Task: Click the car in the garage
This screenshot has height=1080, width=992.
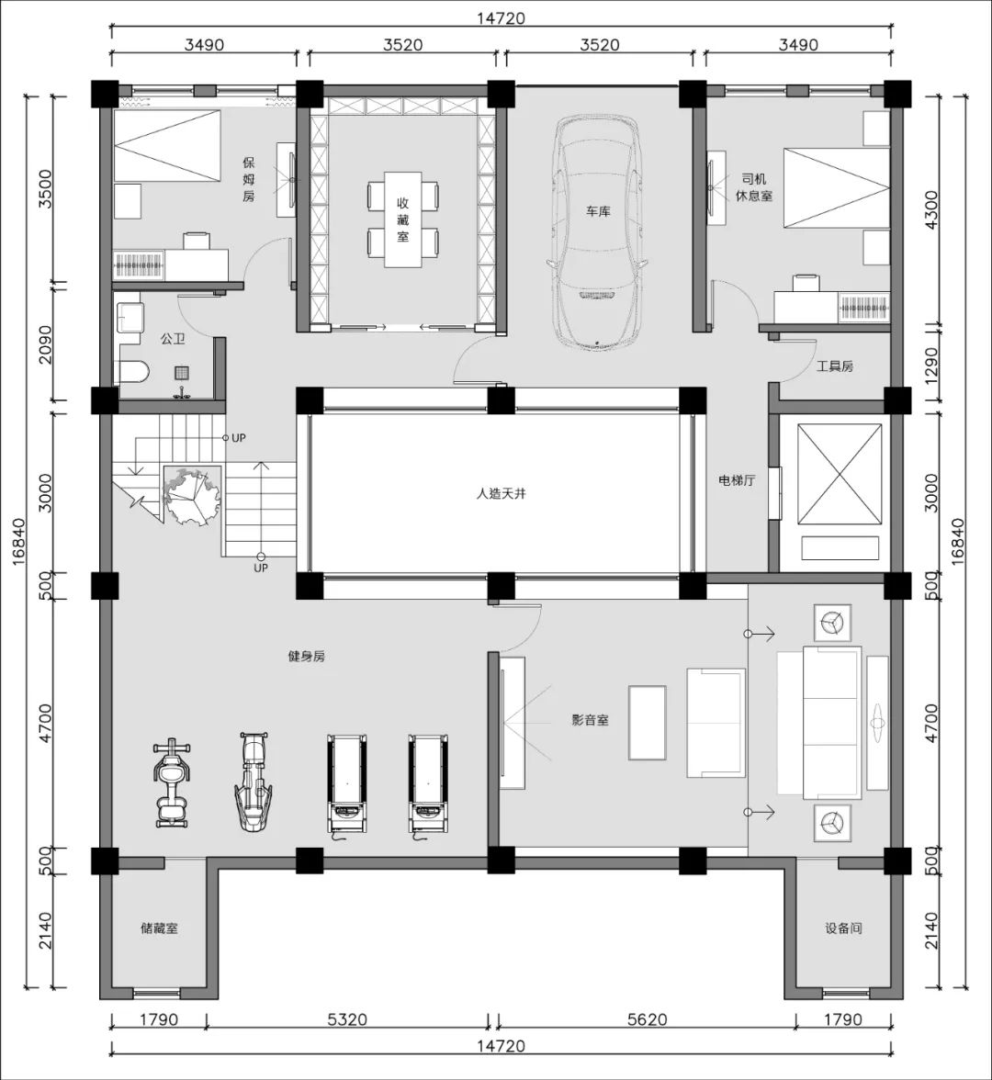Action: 597,231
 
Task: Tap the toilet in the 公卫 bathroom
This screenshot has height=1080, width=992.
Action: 134,373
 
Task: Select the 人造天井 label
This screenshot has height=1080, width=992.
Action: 501,494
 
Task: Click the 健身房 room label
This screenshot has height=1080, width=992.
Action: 306,657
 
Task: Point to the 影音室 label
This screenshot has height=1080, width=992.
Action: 590,720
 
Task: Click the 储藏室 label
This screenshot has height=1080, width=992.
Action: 159,928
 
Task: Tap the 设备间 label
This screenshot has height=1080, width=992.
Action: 843,928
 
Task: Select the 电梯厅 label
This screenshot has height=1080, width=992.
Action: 737,481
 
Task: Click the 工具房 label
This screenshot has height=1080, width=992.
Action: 835,366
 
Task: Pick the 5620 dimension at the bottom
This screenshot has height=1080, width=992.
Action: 647,1019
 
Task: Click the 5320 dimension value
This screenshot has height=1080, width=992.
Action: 347,1019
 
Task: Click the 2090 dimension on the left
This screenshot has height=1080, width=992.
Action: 44,344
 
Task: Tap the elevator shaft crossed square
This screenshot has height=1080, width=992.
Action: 840,474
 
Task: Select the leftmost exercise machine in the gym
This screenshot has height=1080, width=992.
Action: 172,783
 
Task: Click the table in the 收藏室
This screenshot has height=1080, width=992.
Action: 402,219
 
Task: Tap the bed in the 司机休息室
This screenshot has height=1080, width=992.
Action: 836,187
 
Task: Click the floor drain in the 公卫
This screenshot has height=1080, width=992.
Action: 181,373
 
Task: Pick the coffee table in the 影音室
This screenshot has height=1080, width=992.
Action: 647,723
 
